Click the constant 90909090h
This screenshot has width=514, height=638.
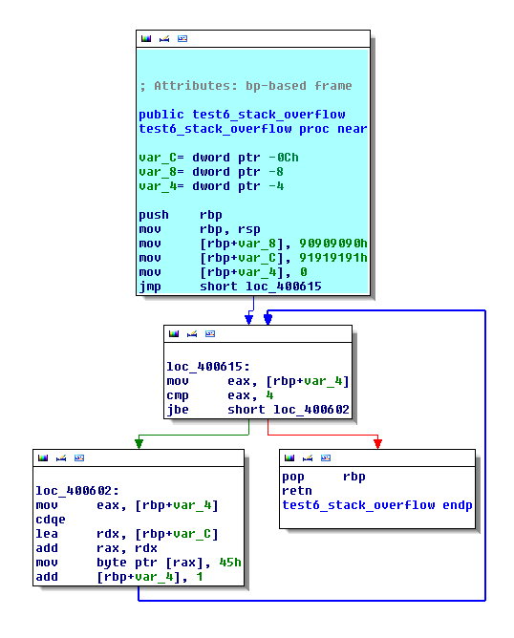click(x=333, y=244)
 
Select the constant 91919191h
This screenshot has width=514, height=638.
click(x=333, y=258)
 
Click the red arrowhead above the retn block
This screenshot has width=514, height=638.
click(x=377, y=442)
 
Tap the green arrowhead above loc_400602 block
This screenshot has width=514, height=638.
click(x=139, y=442)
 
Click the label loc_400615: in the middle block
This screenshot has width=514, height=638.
click(x=208, y=367)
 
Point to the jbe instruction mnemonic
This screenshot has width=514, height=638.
click(x=178, y=410)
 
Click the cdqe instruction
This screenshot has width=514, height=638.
click(x=51, y=520)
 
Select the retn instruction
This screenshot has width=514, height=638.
click(x=297, y=491)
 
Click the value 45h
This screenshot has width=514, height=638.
click(x=230, y=563)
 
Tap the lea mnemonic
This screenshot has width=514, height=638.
click(x=47, y=534)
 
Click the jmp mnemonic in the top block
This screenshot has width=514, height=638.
click(x=150, y=287)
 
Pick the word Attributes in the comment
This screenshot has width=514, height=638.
click(x=192, y=86)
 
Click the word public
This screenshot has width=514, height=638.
click(x=161, y=115)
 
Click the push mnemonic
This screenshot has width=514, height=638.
click(x=154, y=215)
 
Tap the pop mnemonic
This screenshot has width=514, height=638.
click(x=293, y=477)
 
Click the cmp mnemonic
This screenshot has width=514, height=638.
click(x=178, y=395)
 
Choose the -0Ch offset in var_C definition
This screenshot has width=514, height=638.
click(x=284, y=158)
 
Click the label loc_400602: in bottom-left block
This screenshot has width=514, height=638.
click(x=77, y=491)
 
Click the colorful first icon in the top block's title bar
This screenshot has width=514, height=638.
click(x=146, y=38)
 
